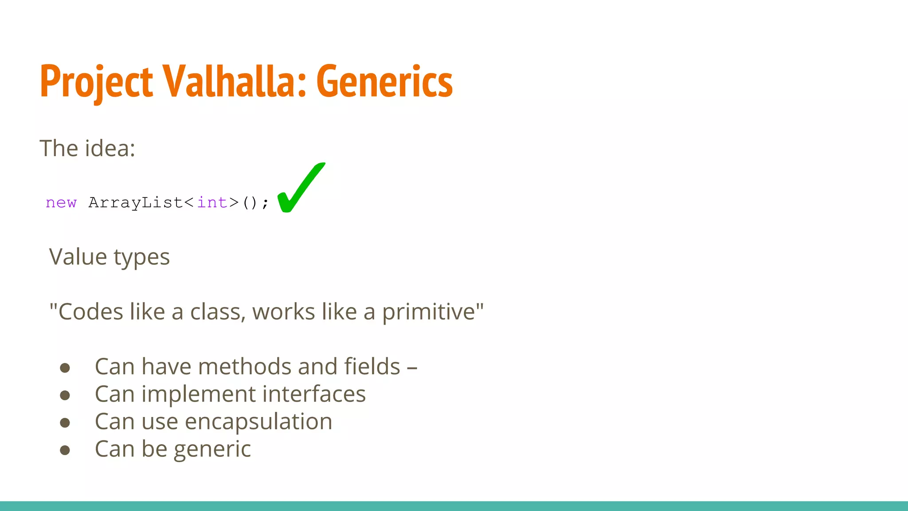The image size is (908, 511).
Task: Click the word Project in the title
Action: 96,82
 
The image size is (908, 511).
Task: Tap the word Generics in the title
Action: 384,82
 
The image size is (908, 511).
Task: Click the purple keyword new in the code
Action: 61,203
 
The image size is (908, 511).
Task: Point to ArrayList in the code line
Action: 135,203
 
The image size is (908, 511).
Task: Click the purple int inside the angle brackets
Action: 212,203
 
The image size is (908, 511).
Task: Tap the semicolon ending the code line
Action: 265,204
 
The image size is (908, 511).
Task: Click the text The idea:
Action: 87,148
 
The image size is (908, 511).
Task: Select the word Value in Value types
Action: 78,257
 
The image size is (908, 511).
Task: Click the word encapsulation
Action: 258,422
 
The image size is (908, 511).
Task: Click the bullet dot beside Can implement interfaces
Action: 65,395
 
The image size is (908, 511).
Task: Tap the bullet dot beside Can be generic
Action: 65,451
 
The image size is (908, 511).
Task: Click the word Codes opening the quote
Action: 90,312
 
